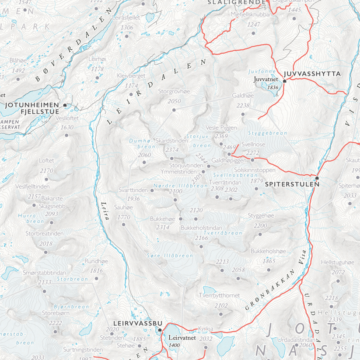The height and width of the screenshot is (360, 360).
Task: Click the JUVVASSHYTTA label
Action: pos(312,74)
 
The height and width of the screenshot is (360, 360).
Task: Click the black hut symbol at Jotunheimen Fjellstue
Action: pos(65,105)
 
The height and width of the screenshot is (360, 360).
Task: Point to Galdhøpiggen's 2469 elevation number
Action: pos(229,147)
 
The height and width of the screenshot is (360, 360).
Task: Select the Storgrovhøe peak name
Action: pos(174,92)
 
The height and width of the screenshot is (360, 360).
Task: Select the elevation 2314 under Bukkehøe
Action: pos(163,227)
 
